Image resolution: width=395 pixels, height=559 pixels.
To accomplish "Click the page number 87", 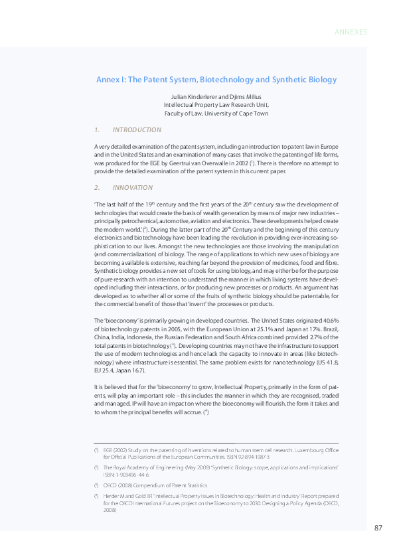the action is [378, 528].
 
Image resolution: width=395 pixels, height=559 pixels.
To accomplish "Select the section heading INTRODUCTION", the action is [137, 129].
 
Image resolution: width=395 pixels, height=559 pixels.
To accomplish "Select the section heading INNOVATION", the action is [133, 188].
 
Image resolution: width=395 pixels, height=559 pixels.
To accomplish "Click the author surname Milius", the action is [255, 97].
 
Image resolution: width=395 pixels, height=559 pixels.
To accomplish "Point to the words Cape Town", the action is [256, 113].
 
